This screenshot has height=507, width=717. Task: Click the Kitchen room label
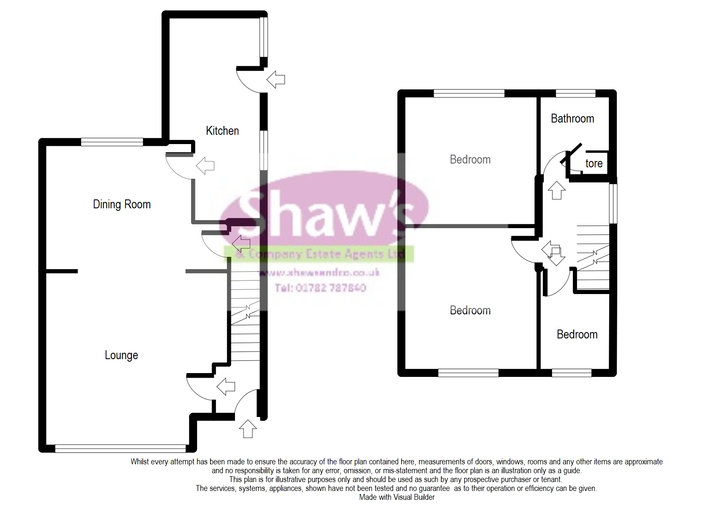(x=222, y=131)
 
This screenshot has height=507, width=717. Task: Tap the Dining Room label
(x=122, y=204)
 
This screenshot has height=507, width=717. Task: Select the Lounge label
(x=121, y=355)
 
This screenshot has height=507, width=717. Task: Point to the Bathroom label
(x=572, y=119)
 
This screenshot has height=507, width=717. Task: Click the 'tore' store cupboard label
(x=594, y=164)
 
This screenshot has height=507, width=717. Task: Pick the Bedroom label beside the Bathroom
(x=470, y=160)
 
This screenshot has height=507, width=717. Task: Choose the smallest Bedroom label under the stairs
(x=577, y=335)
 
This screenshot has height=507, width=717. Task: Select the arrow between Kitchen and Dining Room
(x=205, y=165)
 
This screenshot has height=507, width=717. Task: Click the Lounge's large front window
(x=120, y=449)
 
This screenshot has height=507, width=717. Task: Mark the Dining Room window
(x=112, y=142)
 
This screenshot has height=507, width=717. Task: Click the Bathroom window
(x=575, y=93)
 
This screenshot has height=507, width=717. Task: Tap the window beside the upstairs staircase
(x=613, y=203)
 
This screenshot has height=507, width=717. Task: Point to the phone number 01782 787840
(x=320, y=288)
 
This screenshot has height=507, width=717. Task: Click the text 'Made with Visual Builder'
(x=397, y=497)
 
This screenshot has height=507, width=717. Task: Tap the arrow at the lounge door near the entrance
(x=225, y=386)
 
